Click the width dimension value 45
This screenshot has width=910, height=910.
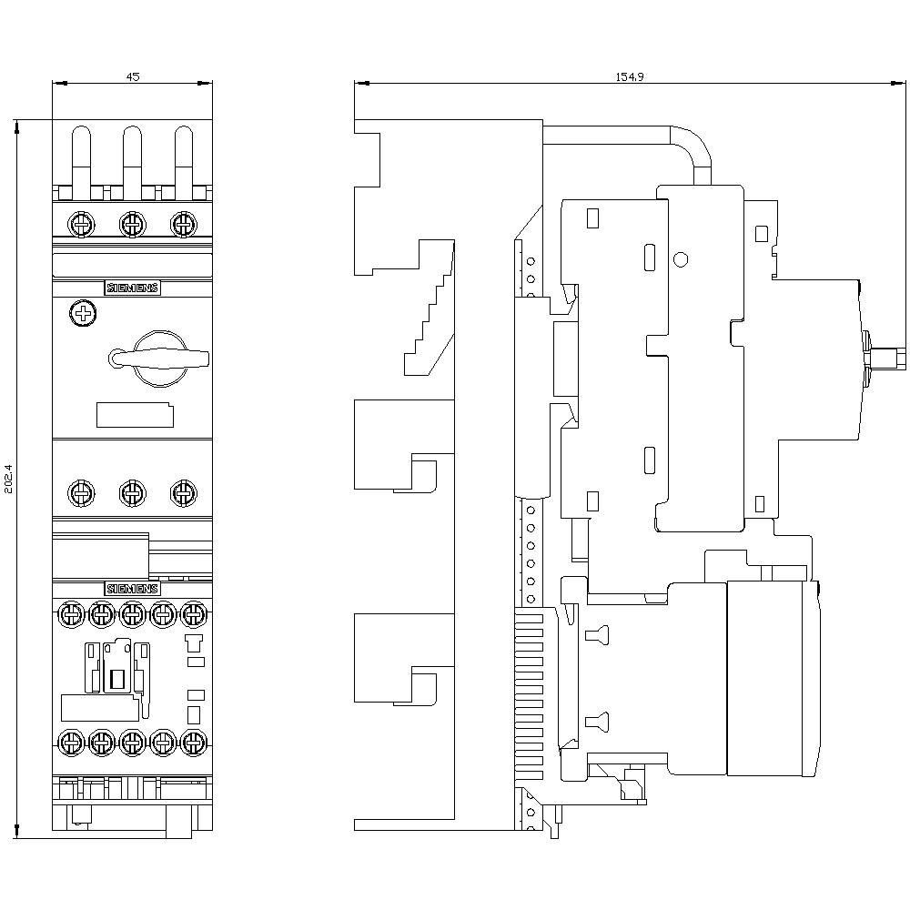pyautogui.click(x=132, y=77)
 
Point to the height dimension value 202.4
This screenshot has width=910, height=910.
pyautogui.click(x=9, y=479)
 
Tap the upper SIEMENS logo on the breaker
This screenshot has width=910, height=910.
pyautogui.click(x=133, y=288)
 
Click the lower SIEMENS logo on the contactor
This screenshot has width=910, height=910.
pyautogui.click(x=133, y=588)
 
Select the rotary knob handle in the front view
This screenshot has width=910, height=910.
pyautogui.click(x=160, y=358)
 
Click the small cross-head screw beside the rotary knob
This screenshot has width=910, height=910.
pyautogui.click(x=83, y=314)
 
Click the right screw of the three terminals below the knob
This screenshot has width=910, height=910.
pyautogui.click(x=183, y=493)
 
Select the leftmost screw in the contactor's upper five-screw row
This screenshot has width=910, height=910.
pyautogui.click(x=70, y=615)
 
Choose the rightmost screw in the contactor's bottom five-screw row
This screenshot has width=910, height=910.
pyautogui.click(x=193, y=743)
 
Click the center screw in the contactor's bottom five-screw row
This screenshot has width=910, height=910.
pyautogui.click(x=132, y=743)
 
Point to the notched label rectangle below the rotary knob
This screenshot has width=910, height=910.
pyautogui.click(x=135, y=415)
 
